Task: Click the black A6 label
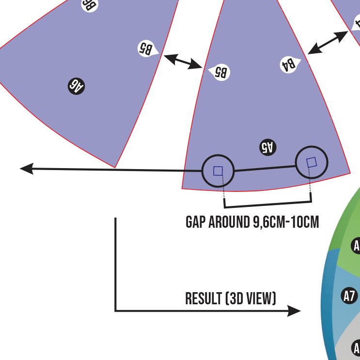tap(77, 86)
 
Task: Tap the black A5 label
tap(268, 147)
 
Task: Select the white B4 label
tap(289, 64)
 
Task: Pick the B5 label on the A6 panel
tap(147, 48)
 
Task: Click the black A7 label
tap(349, 295)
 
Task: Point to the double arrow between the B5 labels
tap(183, 62)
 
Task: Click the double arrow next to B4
tap(328, 42)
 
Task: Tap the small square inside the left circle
tap(218, 171)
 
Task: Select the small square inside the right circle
tap(312, 162)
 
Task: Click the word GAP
tap(196, 222)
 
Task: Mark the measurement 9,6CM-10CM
tap(286, 222)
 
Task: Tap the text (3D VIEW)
tap(250, 298)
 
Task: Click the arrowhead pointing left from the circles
tap(27, 169)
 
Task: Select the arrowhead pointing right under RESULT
tap(294, 311)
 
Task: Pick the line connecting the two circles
tap(265, 168)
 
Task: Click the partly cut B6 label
tap(90, 4)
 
